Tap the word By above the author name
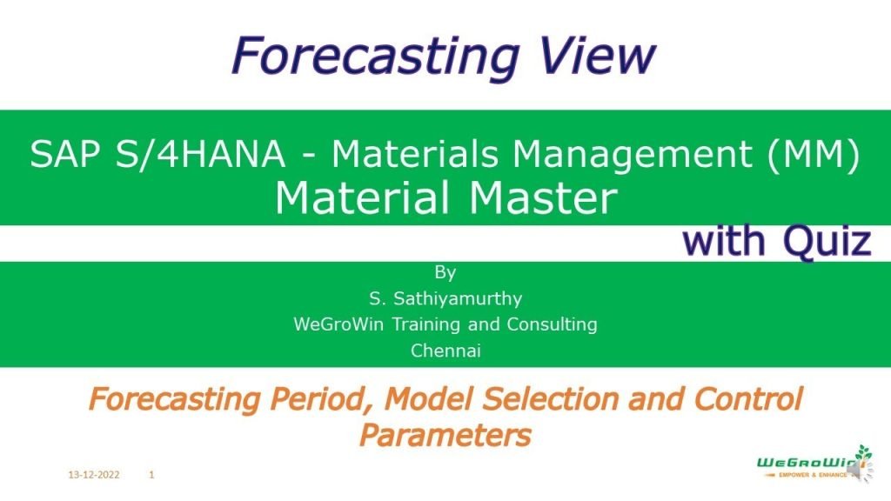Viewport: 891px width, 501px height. pos(445,273)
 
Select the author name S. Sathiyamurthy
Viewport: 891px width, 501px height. pos(445,299)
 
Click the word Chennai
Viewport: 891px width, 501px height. pos(445,351)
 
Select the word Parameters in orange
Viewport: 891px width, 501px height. pos(445,434)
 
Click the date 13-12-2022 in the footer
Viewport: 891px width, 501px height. pos(94,475)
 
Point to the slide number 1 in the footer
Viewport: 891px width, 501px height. pos(152,475)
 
